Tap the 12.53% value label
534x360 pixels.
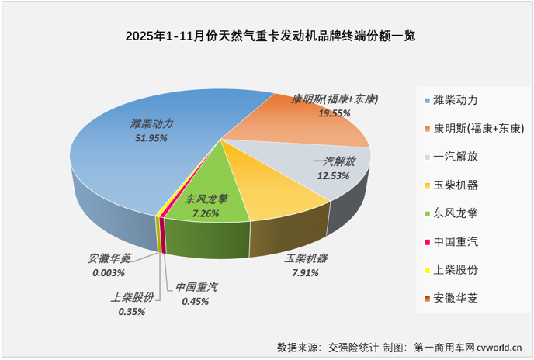[333, 176]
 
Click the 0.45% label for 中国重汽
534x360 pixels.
[195, 302]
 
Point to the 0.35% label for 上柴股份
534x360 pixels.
[132, 312]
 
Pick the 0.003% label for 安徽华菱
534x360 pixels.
[109, 273]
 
